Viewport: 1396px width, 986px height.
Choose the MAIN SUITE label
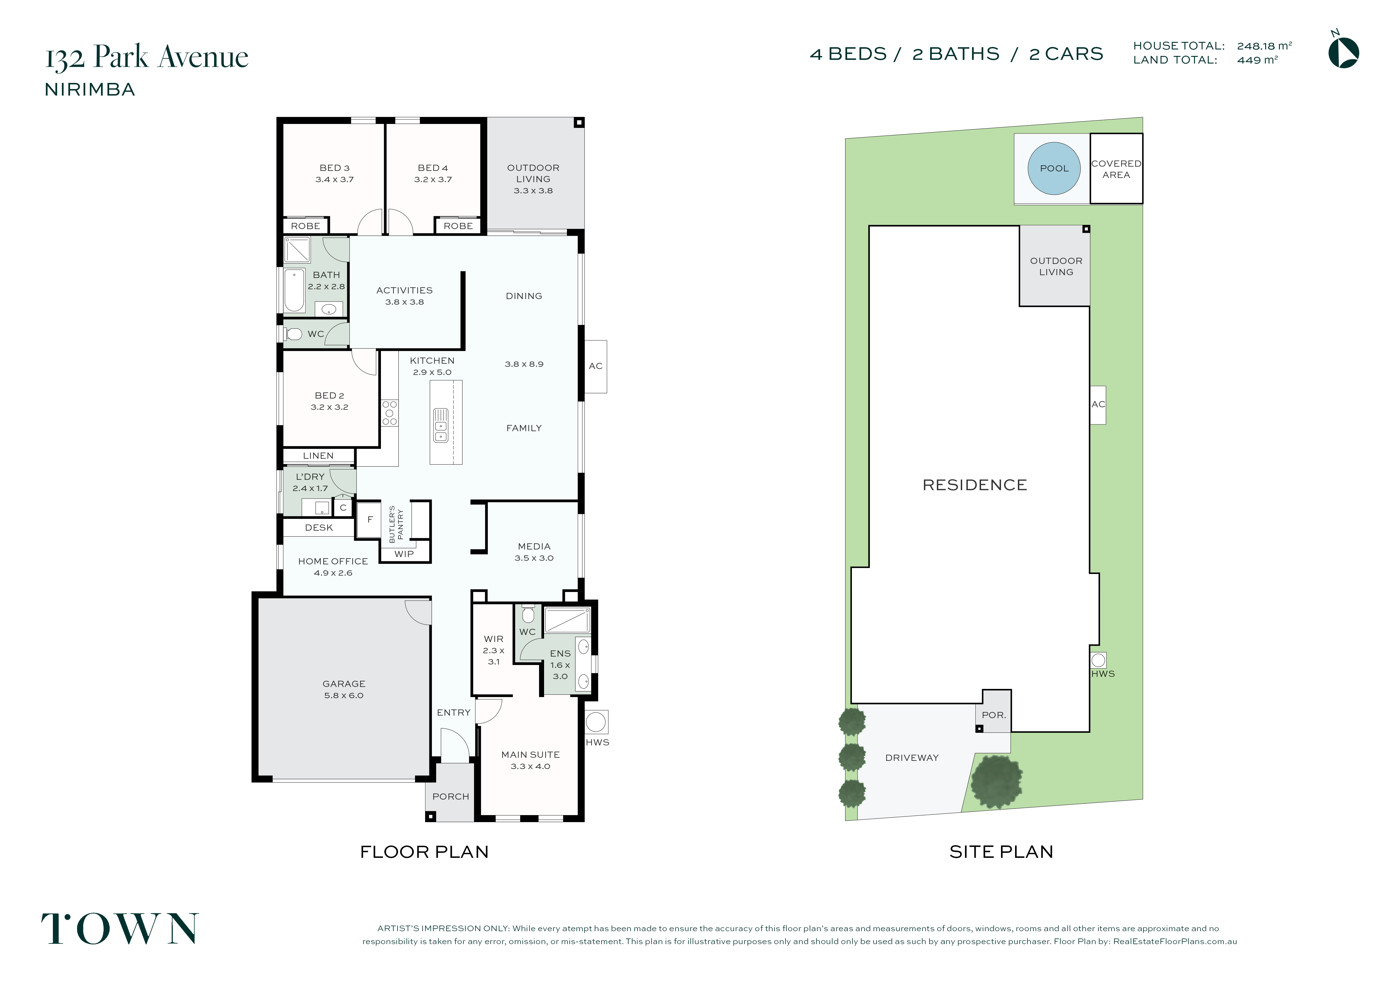tap(530, 754)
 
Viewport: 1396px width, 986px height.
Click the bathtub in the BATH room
tap(294, 290)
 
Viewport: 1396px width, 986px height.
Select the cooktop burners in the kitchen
tap(390, 413)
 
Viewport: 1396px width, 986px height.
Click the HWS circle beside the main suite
tap(596, 722)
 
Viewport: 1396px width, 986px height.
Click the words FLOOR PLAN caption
tap(424, 852)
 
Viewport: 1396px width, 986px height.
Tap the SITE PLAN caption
tap(1001, 852)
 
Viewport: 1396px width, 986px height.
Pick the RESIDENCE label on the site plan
tap(975, 485)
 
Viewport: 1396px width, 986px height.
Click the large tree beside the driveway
tap(996, 782)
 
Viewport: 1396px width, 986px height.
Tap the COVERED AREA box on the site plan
tap(1116, 168)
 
